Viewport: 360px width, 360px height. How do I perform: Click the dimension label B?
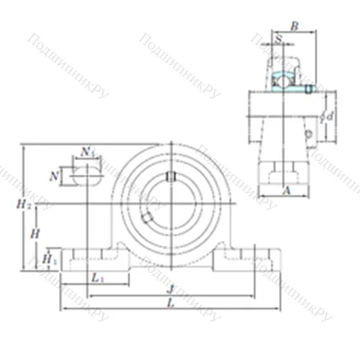(294, 26)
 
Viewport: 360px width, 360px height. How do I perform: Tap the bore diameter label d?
(330, 116)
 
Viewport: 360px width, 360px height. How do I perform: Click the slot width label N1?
(87, 151)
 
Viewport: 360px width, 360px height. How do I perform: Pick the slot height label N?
(54, 175)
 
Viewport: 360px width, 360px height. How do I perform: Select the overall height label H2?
(24, 205)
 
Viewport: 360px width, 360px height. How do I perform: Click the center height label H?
(35, 233)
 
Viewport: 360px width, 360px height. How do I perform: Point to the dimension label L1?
(97, 278)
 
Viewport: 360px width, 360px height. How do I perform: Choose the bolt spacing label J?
(170, 289)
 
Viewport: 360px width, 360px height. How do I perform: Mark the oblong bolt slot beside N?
(86, 174)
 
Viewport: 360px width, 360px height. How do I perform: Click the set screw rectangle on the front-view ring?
(171, 177)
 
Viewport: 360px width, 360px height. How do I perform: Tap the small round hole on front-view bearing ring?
(147, 217)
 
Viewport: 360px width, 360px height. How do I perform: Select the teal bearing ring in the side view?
(286, 81)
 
